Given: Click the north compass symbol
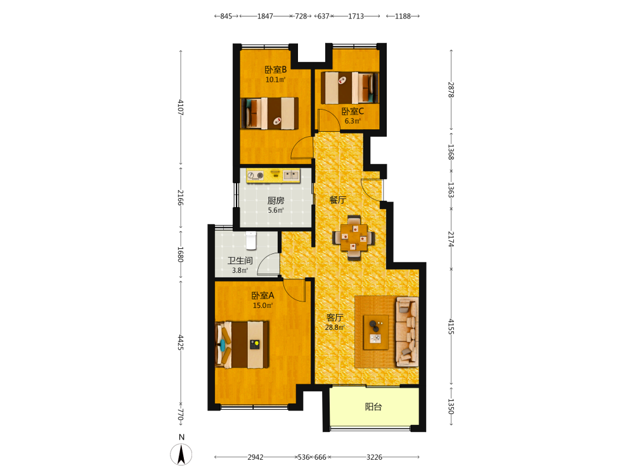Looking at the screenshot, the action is pos(181,454).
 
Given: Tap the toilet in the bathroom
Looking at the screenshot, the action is pos(251,240).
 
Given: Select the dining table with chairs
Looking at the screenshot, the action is pos(353,237).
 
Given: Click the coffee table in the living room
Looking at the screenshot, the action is pos(376,332).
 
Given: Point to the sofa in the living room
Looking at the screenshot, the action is pos(407,332).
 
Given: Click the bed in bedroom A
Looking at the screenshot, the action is pos(242,345).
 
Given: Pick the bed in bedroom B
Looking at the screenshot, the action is pos(269,113).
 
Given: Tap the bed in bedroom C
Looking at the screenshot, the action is pos(350,88).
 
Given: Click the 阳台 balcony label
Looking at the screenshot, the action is pos(373,407).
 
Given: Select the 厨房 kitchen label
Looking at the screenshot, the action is pos(276,200).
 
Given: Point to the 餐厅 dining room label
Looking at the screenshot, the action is pos(337,199).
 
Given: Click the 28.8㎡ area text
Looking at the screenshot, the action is pos(335,327).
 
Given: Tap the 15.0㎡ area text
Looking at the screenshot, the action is pos(263,305).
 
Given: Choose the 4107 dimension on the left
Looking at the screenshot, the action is pos(181,108).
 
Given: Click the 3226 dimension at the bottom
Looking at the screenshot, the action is pos(375,457).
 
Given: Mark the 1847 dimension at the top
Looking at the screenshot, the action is pos(265,16).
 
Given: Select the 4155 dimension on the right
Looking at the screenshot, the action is pos(451,326).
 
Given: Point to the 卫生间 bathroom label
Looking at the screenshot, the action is pos(240,260).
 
